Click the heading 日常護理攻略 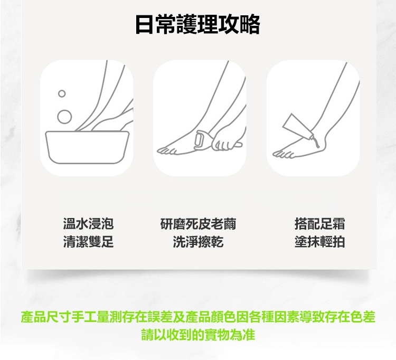click(198, 24)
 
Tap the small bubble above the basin click(62, 93)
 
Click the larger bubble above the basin click(64, 117)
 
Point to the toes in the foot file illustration click(167, 151)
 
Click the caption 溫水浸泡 click(88, 224)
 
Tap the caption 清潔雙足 click(88, 242)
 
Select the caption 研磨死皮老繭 click(198, 224)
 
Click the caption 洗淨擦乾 click(198, 242)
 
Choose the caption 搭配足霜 click(319, 224)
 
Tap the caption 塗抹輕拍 click(319, 242)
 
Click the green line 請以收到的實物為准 click(198, 335)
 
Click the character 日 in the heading click(145, 24)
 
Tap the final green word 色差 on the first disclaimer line click(363, 317)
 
